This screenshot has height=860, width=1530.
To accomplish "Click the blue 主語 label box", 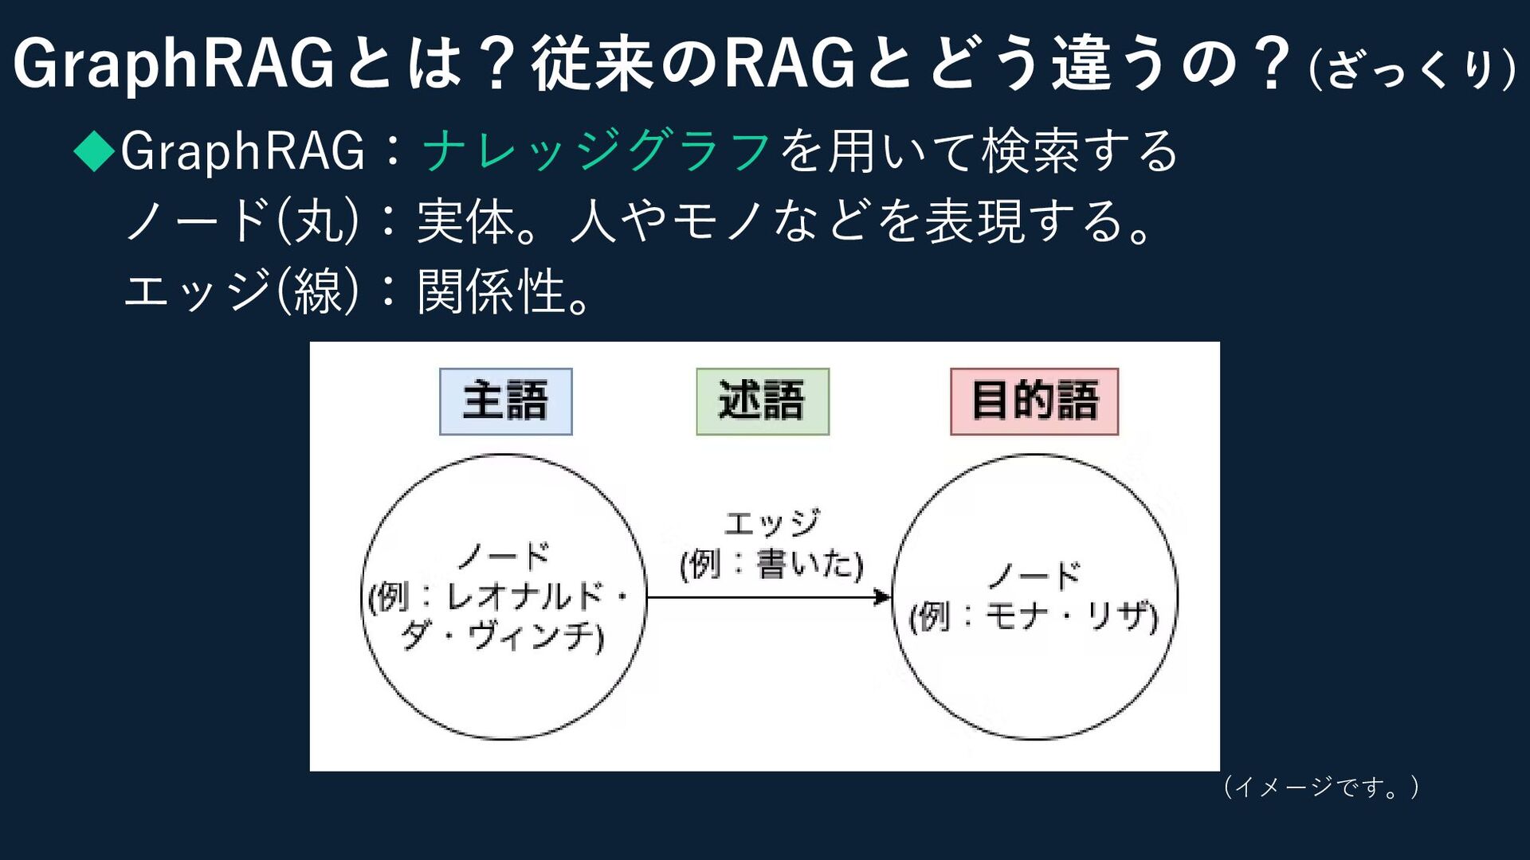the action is tap(506, 401).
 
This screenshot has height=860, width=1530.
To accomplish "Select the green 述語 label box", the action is tap(763, 401).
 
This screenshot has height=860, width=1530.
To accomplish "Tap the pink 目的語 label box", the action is tap(1034, 401).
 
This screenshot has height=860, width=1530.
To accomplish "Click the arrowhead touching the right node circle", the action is tap(883, 596).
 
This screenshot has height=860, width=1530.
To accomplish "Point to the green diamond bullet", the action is tap(95, 150).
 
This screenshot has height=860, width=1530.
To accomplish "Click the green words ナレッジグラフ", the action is tap(596, 150).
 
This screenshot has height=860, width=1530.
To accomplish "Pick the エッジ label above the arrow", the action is tap(771, 523).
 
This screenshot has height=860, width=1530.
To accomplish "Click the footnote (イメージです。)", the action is tap(1320, 787).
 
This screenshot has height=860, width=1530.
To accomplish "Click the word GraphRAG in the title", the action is tap(174, 64).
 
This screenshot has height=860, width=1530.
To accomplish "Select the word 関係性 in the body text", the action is tap(492, 291).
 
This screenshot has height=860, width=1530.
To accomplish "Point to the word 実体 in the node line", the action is tap(466, 221).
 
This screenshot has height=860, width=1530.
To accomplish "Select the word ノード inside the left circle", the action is tap(504, 555).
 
